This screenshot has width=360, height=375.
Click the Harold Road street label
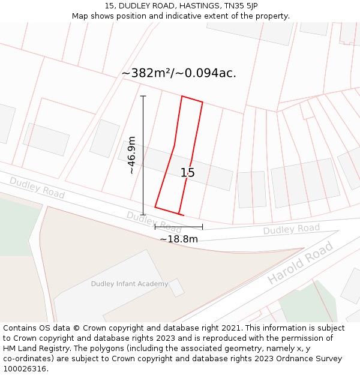pos(300,263)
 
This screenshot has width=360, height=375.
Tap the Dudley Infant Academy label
pos(130,284)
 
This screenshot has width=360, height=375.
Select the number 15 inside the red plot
pos(188,173)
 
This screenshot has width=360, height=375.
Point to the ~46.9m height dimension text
pos(131,155)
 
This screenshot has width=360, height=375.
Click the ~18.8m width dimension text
pos(179,239)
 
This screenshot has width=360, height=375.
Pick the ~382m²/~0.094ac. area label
pos(179,73)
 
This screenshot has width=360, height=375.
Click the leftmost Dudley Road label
pos(37,187)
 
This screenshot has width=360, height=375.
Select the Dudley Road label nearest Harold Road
pos(292,229)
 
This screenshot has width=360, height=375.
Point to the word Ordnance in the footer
pos(280,359)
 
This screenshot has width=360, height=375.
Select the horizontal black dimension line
pos(179,227)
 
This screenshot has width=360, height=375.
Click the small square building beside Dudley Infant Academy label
pos(176,287)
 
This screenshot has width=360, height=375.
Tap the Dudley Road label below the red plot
pos(154,222)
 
